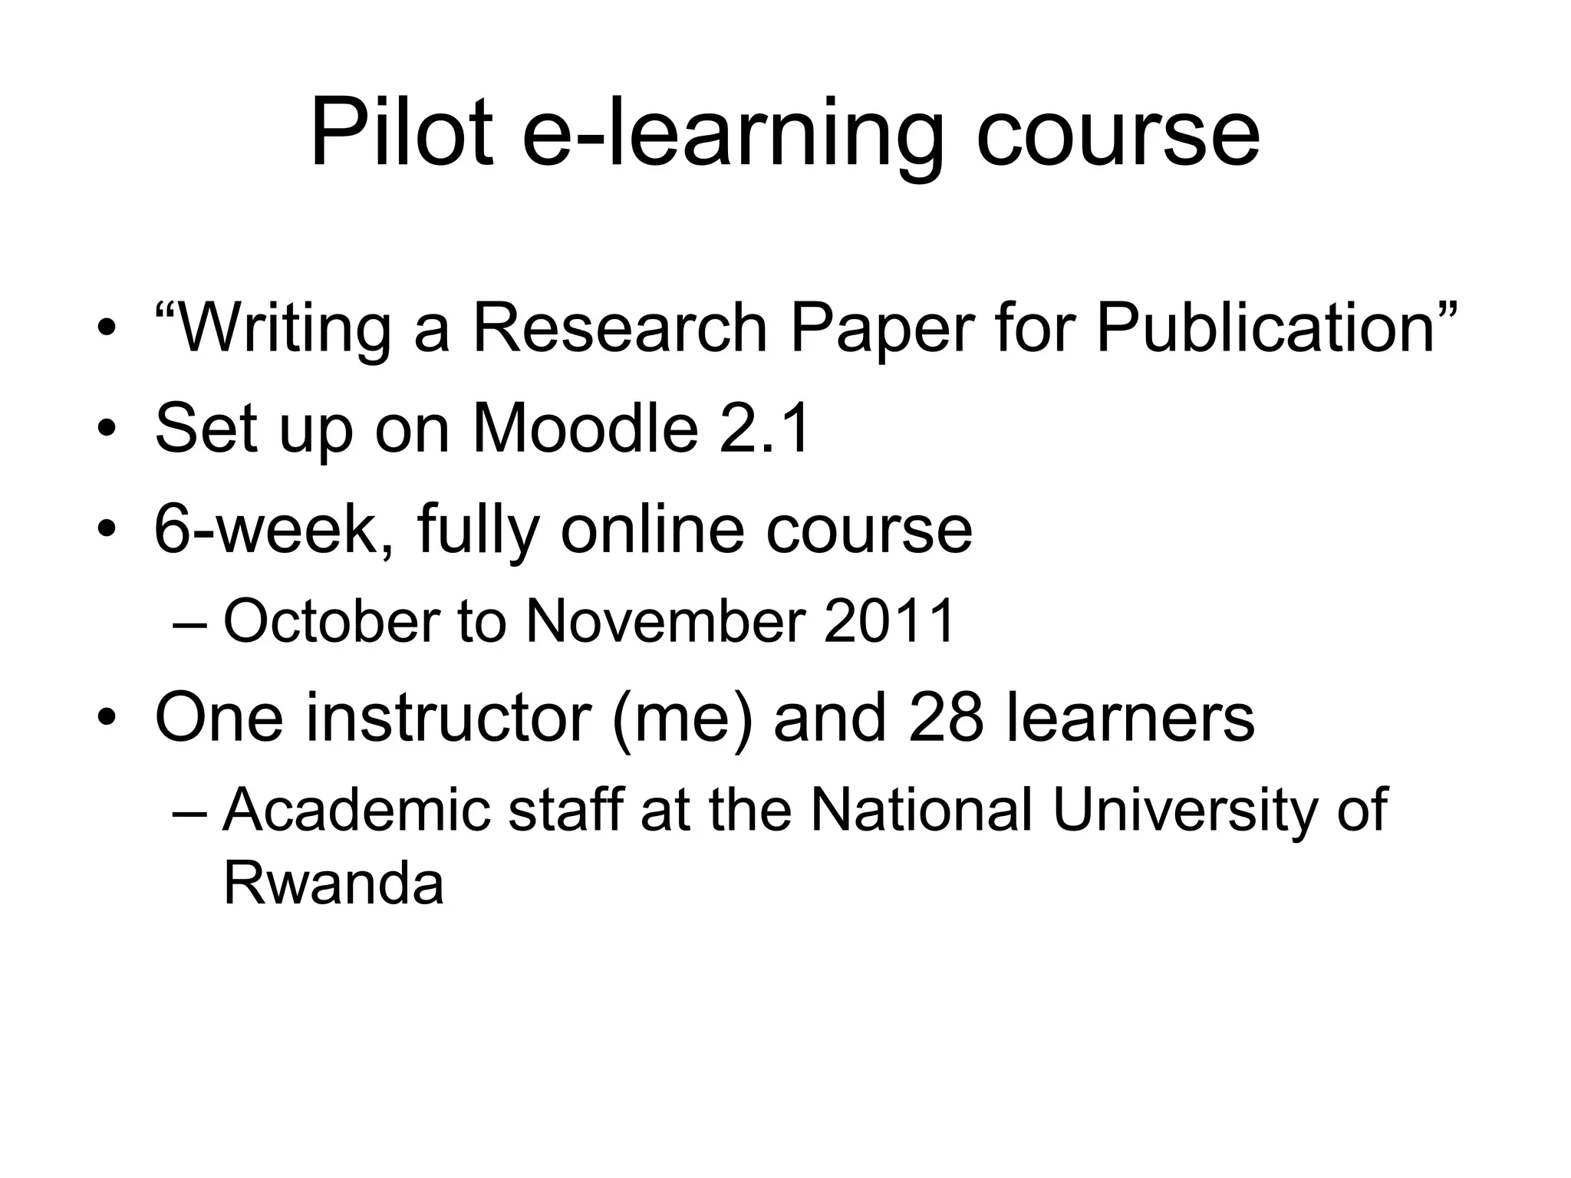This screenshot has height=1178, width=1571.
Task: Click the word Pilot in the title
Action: coord(400,133)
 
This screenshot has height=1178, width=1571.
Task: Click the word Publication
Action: coord(1266,330)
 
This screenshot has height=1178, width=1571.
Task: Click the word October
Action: coord(331,621)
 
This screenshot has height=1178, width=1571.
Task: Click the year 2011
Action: coord(890,621)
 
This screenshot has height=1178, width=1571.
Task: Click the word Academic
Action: coord(356,810)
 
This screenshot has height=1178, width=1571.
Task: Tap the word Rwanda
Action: coord(334,883)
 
